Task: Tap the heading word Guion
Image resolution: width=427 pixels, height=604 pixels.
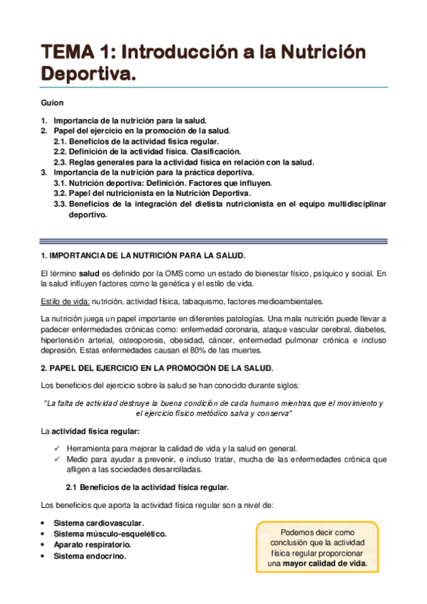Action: [52, 103]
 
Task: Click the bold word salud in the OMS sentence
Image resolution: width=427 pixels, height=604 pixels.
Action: [88, 273]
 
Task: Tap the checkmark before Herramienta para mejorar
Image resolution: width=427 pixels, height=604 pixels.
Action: [58, 449]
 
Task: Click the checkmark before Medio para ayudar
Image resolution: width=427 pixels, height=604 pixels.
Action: [58, 459]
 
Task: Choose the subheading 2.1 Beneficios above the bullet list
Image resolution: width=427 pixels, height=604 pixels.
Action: [147, 487]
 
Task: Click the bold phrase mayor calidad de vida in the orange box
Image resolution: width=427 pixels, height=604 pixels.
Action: [324, 563]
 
